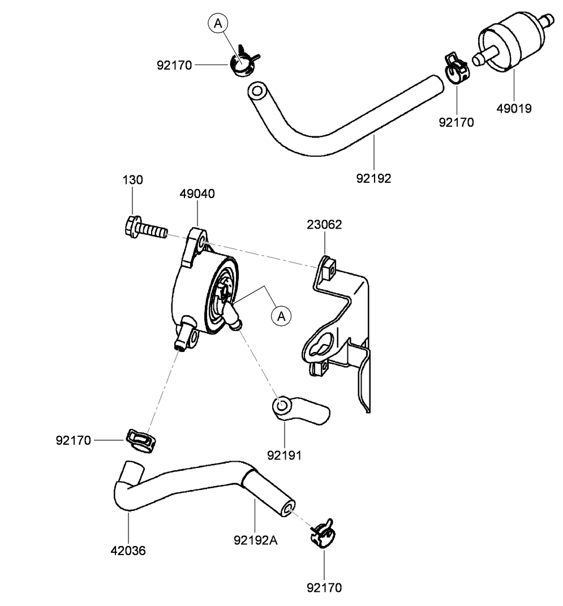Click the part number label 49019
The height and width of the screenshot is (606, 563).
point(514,109)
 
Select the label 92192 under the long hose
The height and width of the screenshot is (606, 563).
point(373,178)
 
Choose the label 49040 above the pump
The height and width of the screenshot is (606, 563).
point(197,194)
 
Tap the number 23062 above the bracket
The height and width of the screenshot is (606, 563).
point(324,225)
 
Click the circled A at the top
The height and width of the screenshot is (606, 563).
point(218,23)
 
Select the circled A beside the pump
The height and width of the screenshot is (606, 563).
point(281,315)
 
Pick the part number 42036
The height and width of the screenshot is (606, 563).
point(128,550)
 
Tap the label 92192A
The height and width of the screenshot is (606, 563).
point(256,540)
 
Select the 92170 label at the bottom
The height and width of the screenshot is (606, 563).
point(324,588)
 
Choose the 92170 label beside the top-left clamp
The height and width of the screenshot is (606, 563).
point(175,65)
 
